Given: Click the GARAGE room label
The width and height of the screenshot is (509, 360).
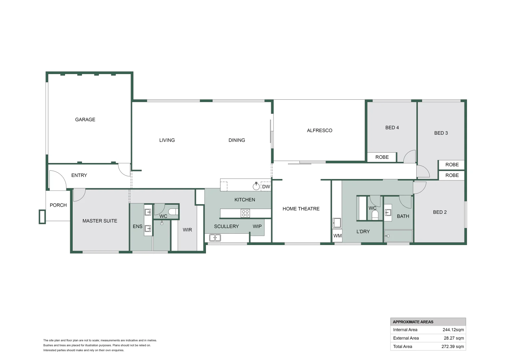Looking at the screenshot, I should tap(85, 120).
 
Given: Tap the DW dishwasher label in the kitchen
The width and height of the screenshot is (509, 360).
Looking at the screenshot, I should tap(266, 187).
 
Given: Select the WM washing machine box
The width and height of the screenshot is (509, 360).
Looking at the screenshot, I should tap(337, 236).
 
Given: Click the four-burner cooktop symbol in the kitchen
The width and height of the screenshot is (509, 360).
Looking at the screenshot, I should tap(245, 213).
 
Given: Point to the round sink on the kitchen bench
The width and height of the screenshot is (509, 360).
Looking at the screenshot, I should tap(256, 186).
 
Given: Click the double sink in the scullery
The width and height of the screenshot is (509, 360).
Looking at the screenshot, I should tap(215, 238).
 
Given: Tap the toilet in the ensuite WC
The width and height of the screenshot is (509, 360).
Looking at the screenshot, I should tap(173, 212).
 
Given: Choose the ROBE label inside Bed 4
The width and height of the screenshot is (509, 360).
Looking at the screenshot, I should tap(382, 157).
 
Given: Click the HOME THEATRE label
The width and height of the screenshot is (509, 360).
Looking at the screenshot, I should tap(301, 209).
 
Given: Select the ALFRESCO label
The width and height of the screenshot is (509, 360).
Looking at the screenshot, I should tap(319, 131).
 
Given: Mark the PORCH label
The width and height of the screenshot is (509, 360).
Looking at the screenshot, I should tap(58, 205).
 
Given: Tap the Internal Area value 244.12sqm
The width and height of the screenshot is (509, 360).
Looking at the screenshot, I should tap(453, 330).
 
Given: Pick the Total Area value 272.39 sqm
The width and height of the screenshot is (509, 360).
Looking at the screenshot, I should tap(452, 346).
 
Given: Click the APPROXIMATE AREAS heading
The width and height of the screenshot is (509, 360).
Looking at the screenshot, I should tap(413, 322).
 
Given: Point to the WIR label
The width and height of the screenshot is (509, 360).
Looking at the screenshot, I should tap(187, 230).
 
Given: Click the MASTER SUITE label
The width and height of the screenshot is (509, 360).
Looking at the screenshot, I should tap(100, 221).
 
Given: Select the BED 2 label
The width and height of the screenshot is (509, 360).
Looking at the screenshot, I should tap(440, 212).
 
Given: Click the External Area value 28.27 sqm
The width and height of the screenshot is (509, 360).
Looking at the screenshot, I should tap(454, 338).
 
